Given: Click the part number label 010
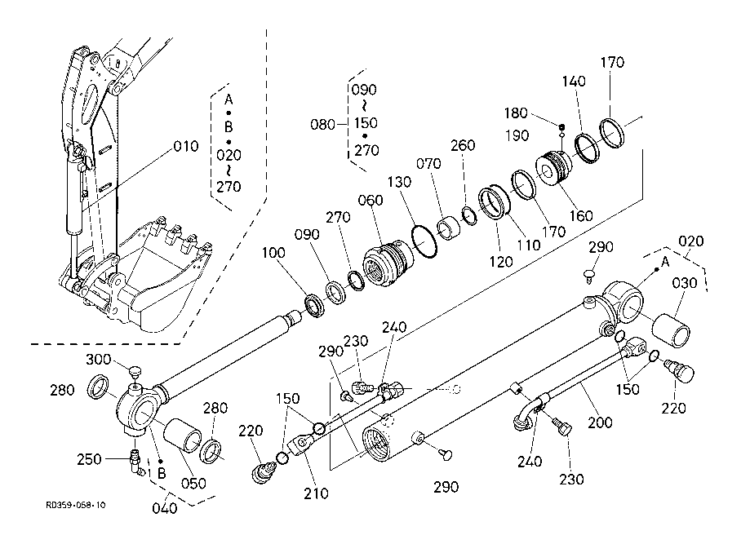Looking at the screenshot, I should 185,148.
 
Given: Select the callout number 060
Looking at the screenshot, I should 371,201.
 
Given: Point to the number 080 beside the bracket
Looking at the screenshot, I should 323,125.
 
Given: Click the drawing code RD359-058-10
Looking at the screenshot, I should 76,506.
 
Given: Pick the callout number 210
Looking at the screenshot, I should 316,493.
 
